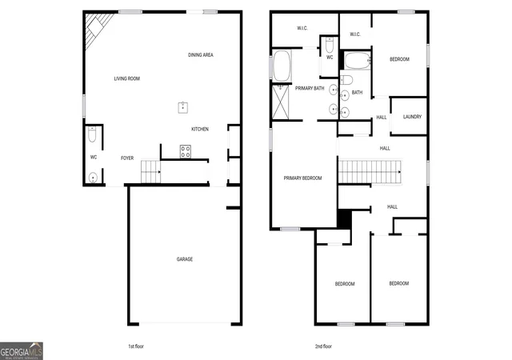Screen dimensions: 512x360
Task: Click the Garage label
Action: (x=185, y=259)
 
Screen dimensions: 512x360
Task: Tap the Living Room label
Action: (x=126, y=78)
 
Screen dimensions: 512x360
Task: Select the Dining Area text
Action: (x=201, y=55)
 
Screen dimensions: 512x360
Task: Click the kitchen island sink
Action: (x=183, y=107)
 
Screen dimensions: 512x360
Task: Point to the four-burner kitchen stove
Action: (x=186, y=151)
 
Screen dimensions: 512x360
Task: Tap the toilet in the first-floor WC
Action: (x=92, y=134)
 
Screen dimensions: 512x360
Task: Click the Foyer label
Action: (x=127, y=158)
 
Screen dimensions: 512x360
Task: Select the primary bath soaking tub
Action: (x=282, y=66)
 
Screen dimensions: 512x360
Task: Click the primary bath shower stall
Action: (x=281, y=102)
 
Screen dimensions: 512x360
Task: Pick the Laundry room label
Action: (x=412, y=117)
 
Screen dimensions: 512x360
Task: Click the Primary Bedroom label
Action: (x=302, y=178)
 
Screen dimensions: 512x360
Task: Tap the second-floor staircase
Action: (x=370, y=171)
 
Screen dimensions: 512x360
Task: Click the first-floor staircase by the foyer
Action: (x=151, y=171)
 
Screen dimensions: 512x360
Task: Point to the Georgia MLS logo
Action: (x=22, y=351)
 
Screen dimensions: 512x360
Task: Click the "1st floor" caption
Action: (x=136, y=346)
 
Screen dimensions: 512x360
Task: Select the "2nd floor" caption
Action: (x=323, y=346)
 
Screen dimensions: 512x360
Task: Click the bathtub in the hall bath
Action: (x=358, y=61)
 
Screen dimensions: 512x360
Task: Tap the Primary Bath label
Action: (x=310, y=88)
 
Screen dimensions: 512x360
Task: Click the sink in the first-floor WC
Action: (x=93, y=178)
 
